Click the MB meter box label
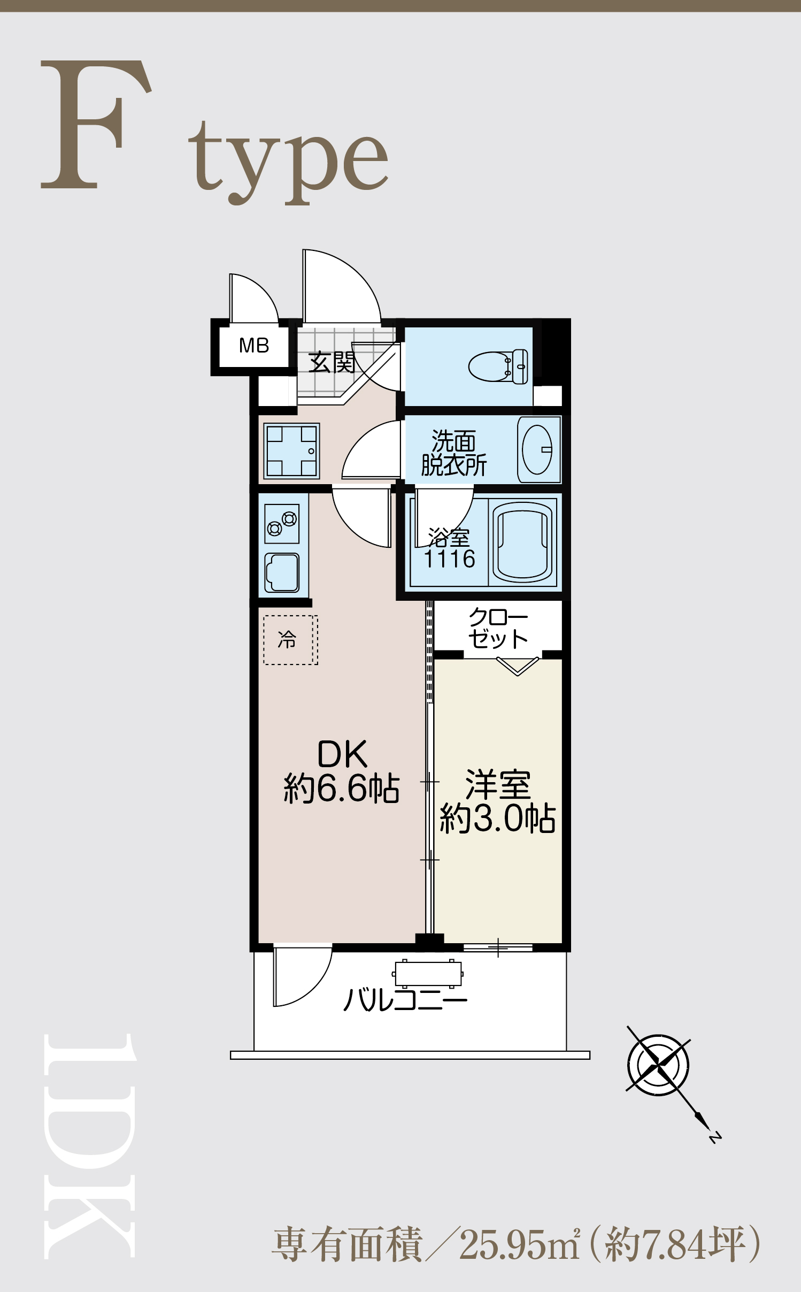pyautogui.click(x=254, y=346)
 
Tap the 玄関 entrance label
pyautogui.click(x=332, y=362)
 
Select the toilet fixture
pyautogui.click(x=498, y=366)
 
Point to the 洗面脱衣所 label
pyautogui.click(x=453, y=453)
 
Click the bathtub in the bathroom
pyautogui.click(x=522, y=542)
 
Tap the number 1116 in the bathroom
pyautogui.click(x=449, y=559)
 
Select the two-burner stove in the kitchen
pyautogui.click(x=282, y=524)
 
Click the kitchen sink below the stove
pyautogui.click(x=282, y=572)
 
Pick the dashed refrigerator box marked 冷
pyautogui.click(x=290, y=640)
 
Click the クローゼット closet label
pyautogui.click(x=498, y=629)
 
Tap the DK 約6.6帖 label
pyautogui.click(x=342, y=771)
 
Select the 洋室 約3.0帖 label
pyautogui.click(x=497, y=801)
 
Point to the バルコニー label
pyautogui.click(x=405, y=1000)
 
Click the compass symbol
pyautogui.click(x=658, y=1065)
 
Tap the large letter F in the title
pyautogui.click(x=96, y=124)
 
